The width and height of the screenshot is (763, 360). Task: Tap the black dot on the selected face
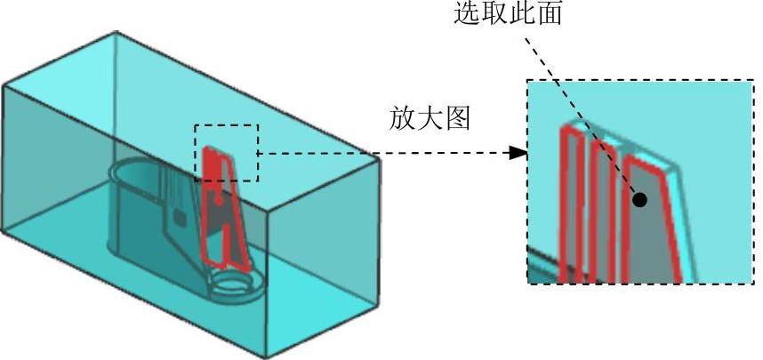pos(640,200)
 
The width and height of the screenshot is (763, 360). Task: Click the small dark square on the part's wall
pos(180,216)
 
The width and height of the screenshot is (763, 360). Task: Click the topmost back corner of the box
pos(116,33)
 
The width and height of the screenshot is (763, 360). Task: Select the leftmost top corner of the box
pos(4,85)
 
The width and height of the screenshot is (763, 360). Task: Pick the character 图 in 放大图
pos(457,119)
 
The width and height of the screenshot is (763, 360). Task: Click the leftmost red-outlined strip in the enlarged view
pos(568,204)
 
